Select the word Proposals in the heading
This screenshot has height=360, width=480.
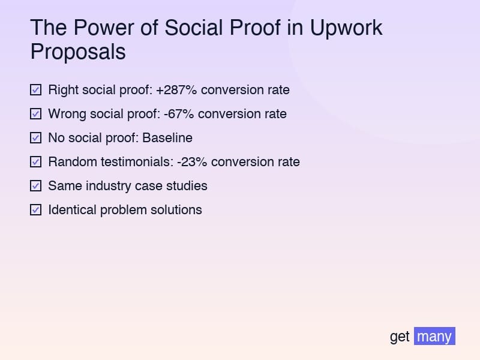tap(78, 52)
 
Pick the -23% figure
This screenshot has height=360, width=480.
tap(192, 162)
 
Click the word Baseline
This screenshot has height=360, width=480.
tap(167, 138)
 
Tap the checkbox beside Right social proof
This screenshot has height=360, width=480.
tap(36, 90)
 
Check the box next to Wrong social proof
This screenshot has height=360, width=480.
tap(36, 114)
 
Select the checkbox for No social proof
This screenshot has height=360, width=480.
tap(36, 138)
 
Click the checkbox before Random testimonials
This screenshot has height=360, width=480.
tap(36, 162)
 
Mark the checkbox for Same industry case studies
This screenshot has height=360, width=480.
tap(36, 186)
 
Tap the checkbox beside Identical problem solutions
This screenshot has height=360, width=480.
tap(36, 210)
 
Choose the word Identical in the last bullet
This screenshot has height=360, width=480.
tap(71, 210)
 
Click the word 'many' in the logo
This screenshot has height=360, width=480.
tap(434, 337)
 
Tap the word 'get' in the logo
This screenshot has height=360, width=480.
tap(400, 337)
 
